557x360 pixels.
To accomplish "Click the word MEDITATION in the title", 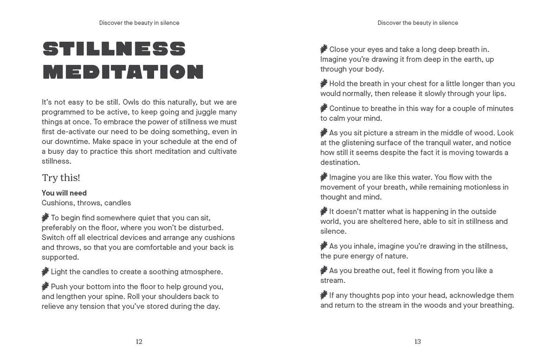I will (123, 72).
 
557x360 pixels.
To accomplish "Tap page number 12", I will (139, 342).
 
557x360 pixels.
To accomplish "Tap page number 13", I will (418, 342).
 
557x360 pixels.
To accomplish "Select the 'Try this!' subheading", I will (61, 177).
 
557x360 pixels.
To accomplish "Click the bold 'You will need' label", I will (64, 193).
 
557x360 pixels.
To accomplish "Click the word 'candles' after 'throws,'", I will (117, 203).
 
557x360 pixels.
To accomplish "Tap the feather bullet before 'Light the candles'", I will (45, 271).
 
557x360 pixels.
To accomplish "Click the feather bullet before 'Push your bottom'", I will (45, 286).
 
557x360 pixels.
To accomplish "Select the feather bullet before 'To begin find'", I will (45, 217).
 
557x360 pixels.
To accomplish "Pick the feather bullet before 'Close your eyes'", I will (324, 49).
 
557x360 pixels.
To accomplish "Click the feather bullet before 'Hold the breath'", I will (324, 83).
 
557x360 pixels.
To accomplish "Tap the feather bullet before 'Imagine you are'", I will (324, 177).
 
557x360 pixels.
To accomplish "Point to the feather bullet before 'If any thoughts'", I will (324, 295).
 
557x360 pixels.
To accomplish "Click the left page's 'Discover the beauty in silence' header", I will (139, 23).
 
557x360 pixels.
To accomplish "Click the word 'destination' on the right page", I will (340, 163).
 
